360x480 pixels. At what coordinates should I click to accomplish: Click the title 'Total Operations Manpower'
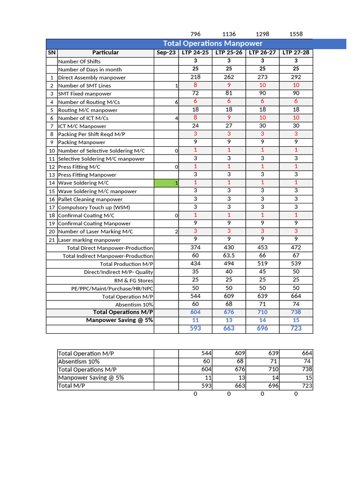(212, 44)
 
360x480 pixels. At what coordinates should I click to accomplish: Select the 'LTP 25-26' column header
(229, 52)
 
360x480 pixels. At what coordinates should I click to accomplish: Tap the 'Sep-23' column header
(166, 52)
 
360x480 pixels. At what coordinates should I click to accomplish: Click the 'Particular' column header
(105, 52)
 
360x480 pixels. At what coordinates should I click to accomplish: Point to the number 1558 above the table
(296, 34)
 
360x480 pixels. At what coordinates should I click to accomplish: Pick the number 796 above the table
(195, 34)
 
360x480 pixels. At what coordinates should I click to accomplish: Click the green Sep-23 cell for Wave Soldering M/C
(166, 183)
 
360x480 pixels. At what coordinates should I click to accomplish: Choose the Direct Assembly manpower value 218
(195, 77)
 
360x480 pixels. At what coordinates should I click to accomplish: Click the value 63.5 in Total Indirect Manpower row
(229, 256)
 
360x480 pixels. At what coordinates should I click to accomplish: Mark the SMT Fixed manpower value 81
(229, 93)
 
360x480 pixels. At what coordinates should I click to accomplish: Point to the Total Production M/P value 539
(296, 264)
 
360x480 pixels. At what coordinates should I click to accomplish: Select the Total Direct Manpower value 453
(262, 247)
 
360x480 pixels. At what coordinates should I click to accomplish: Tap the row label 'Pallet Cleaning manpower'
(90, 199)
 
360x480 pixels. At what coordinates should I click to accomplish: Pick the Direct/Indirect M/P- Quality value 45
(262, 272)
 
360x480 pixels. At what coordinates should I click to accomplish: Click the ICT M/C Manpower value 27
(229, 126)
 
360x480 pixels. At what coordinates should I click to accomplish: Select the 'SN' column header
(52, 52)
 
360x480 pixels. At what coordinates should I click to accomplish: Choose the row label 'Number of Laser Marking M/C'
(95, 232)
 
